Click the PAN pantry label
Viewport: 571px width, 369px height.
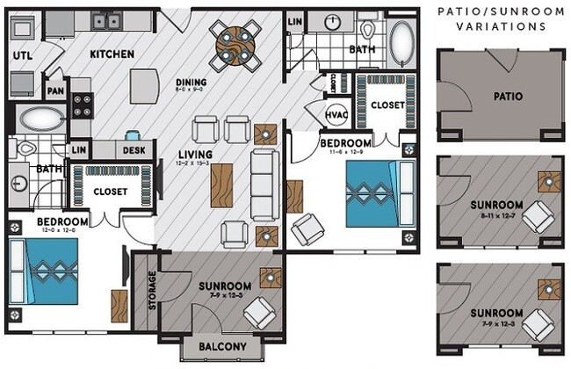coord(55,90)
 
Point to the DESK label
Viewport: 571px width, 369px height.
coord(134,150)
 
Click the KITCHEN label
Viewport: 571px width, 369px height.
coord(112,54)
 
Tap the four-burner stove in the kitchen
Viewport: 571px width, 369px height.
coord(82,105)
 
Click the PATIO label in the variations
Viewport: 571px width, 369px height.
coord(508,97)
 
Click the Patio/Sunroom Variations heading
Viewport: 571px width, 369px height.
coord(502,18)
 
